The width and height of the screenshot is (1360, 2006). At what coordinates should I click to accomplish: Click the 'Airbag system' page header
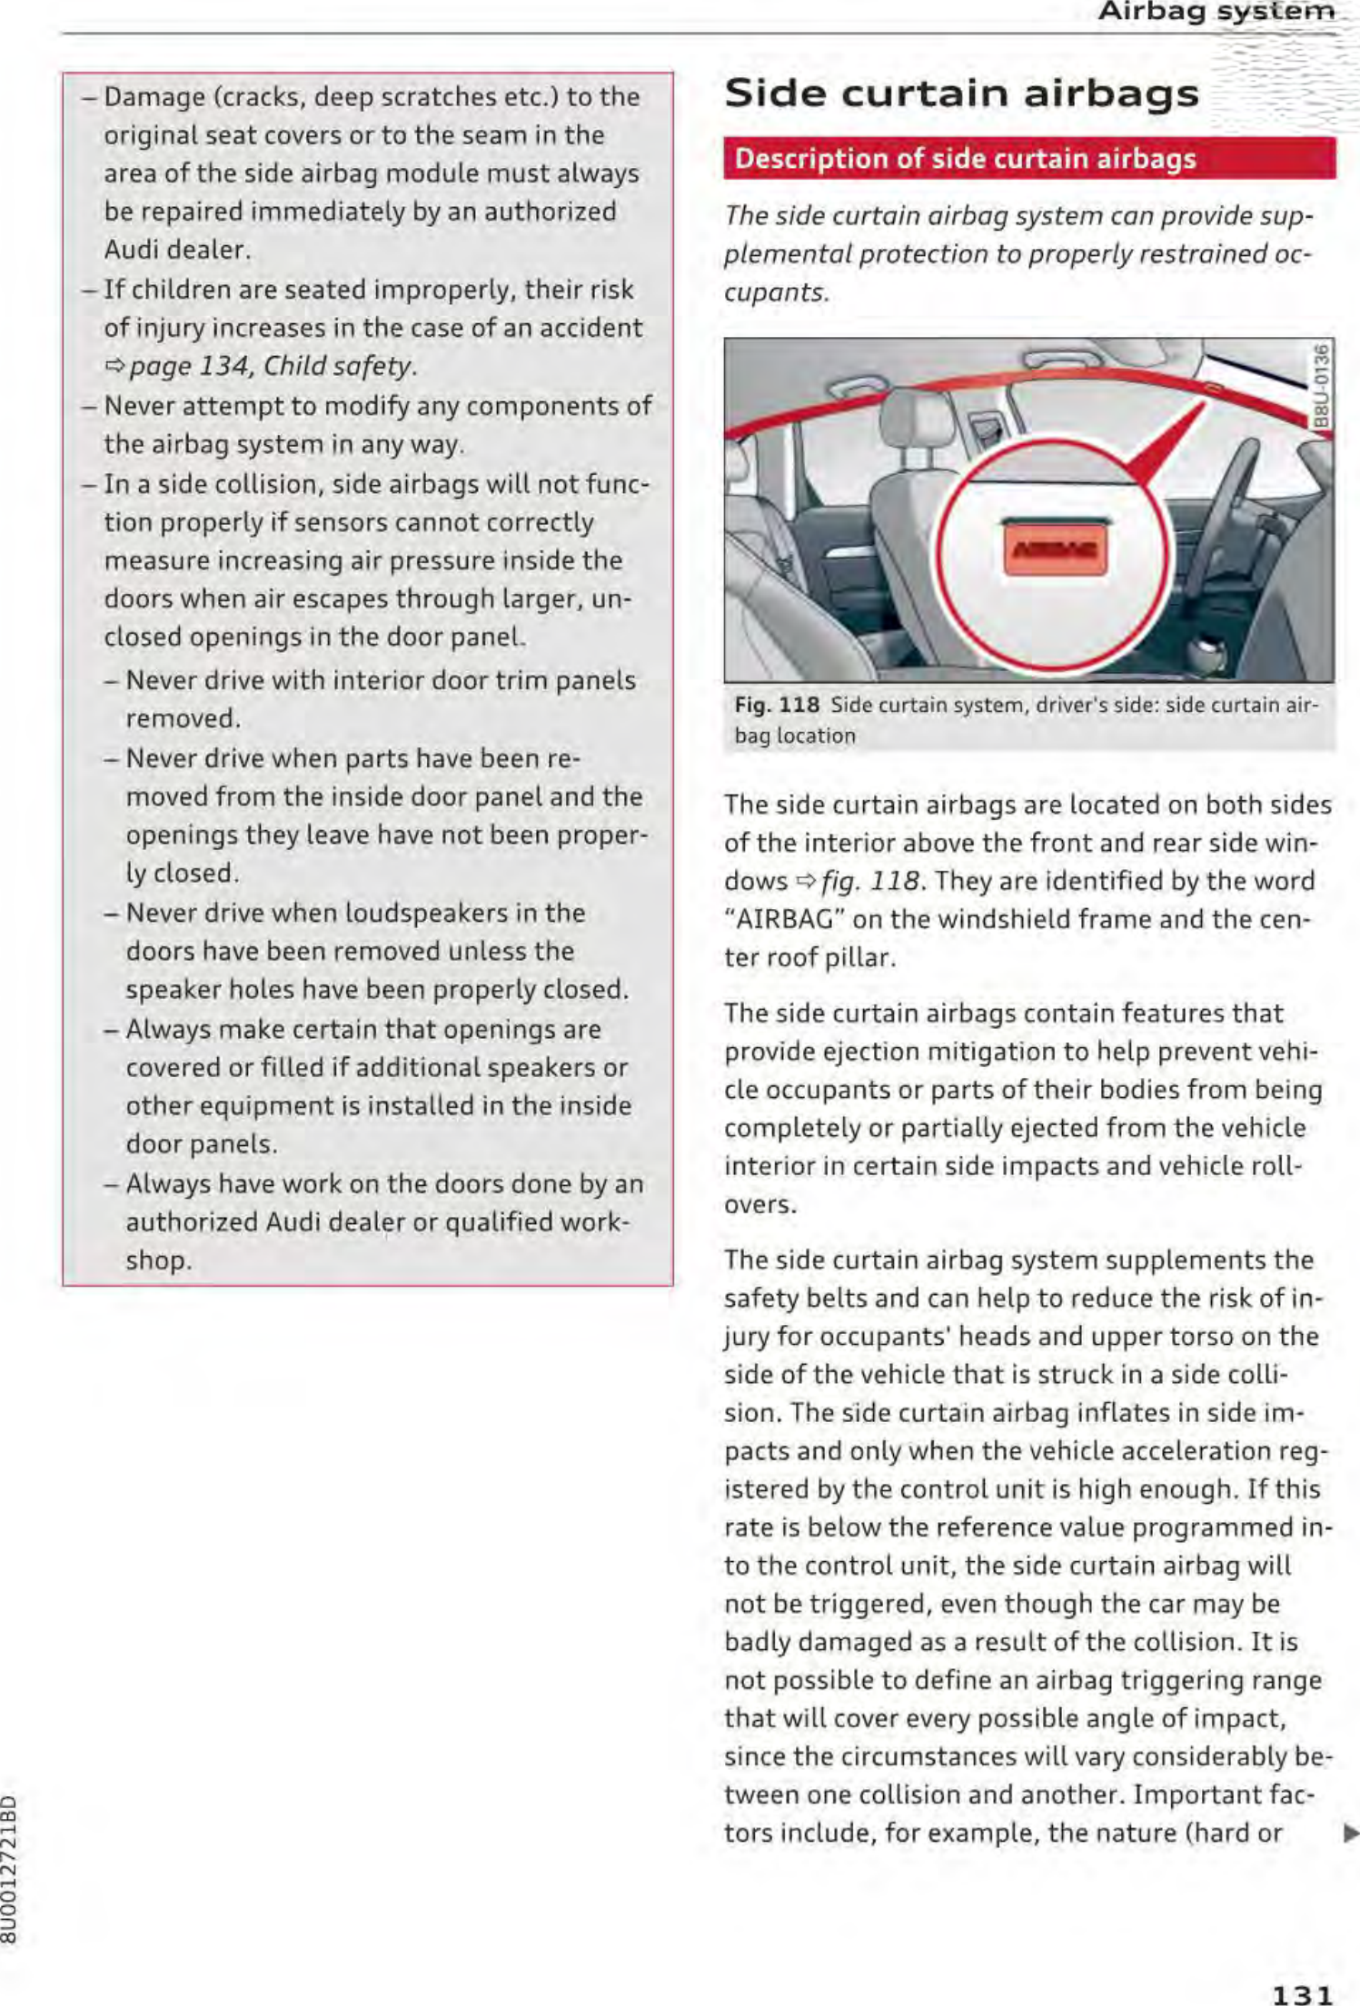click(1216, 13)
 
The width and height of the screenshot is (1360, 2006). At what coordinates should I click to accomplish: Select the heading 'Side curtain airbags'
click(961, 93)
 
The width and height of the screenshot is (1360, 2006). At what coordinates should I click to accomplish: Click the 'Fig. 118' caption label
click(777, 706)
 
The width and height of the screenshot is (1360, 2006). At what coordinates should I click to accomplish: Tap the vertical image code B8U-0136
click(1323, 385)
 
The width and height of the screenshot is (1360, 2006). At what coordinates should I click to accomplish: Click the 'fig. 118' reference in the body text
click(859, 882)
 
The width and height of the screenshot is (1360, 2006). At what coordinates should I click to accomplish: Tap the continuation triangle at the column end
click(1350, 1833)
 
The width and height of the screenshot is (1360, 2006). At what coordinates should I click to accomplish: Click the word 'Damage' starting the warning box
click(153, 97)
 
